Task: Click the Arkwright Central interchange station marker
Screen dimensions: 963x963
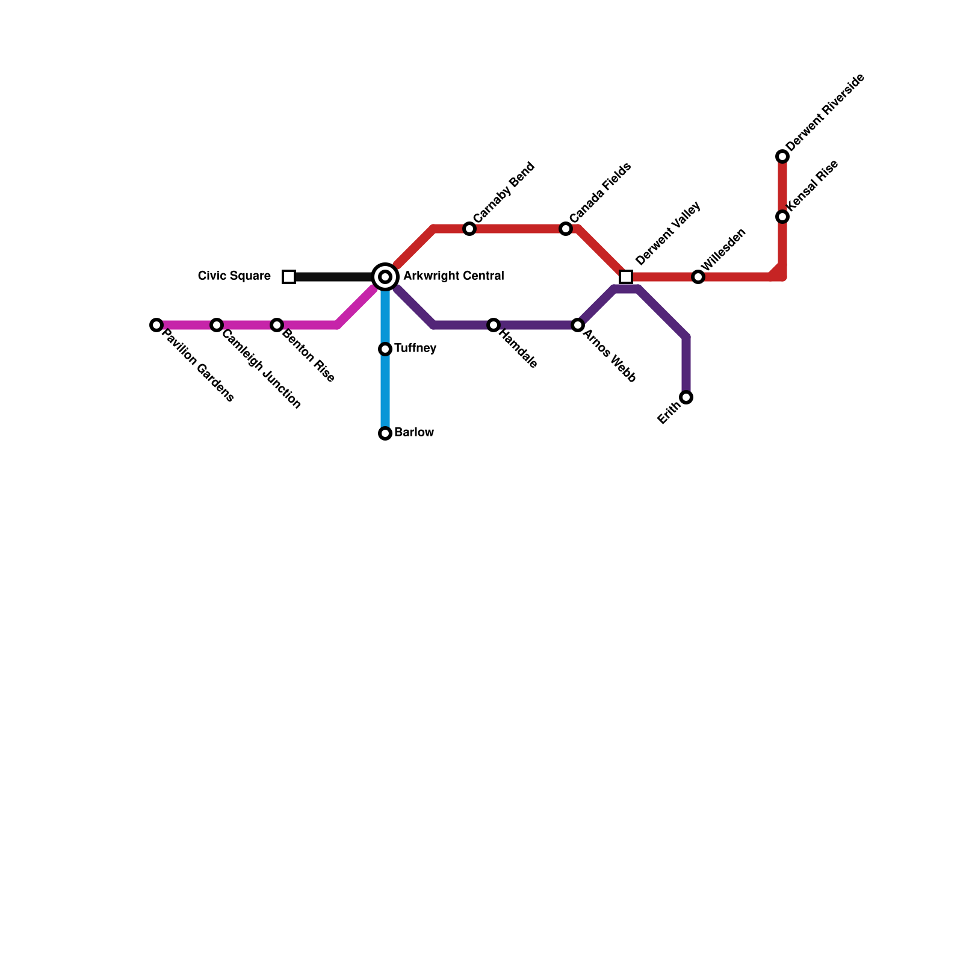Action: point(385,277)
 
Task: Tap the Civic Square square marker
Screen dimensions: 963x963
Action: point(289,277)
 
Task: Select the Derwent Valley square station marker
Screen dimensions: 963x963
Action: point(626,277)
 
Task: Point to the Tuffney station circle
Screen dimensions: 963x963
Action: point(385,349)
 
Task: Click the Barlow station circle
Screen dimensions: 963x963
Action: point(385,433)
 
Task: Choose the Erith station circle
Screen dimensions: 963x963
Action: point(686,397)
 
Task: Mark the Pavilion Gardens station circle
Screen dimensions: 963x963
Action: point(156,325)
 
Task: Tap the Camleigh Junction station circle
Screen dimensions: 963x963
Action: point(217,325)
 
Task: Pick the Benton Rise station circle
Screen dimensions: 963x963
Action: point(277,325)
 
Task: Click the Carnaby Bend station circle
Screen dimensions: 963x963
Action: point(469,229)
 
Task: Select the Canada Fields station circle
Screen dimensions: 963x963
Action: point(566,229)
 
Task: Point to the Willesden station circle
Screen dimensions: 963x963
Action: point(698,277)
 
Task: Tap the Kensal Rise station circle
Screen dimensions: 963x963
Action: point(782,217)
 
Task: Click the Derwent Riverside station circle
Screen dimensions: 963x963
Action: point(782,156)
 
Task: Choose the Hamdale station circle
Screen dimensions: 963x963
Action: point(494,325)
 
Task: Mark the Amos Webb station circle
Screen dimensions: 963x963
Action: point(578,325)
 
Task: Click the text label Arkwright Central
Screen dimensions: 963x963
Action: point(453,276)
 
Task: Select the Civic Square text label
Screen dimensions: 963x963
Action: point(234,276)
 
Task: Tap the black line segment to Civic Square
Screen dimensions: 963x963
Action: point(334,277)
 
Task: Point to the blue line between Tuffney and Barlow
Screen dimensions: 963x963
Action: point(385,391)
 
